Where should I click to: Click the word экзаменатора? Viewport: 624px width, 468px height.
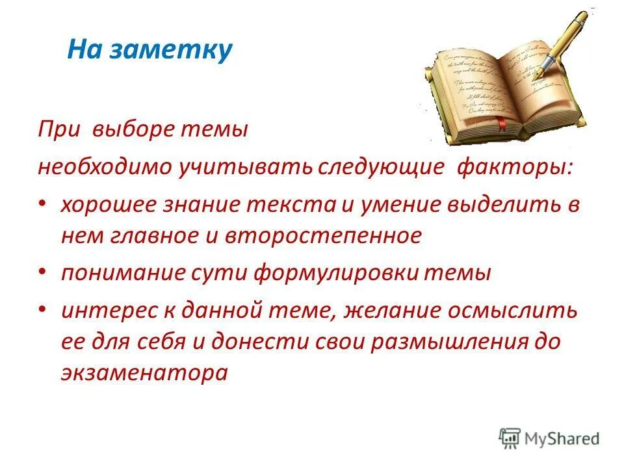click(144, 373)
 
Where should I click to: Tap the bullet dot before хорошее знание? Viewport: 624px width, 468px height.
click(43, 205)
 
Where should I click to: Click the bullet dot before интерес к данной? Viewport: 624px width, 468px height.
click(43, 310)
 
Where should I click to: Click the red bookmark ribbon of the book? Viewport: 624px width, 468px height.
click(484, 127)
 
